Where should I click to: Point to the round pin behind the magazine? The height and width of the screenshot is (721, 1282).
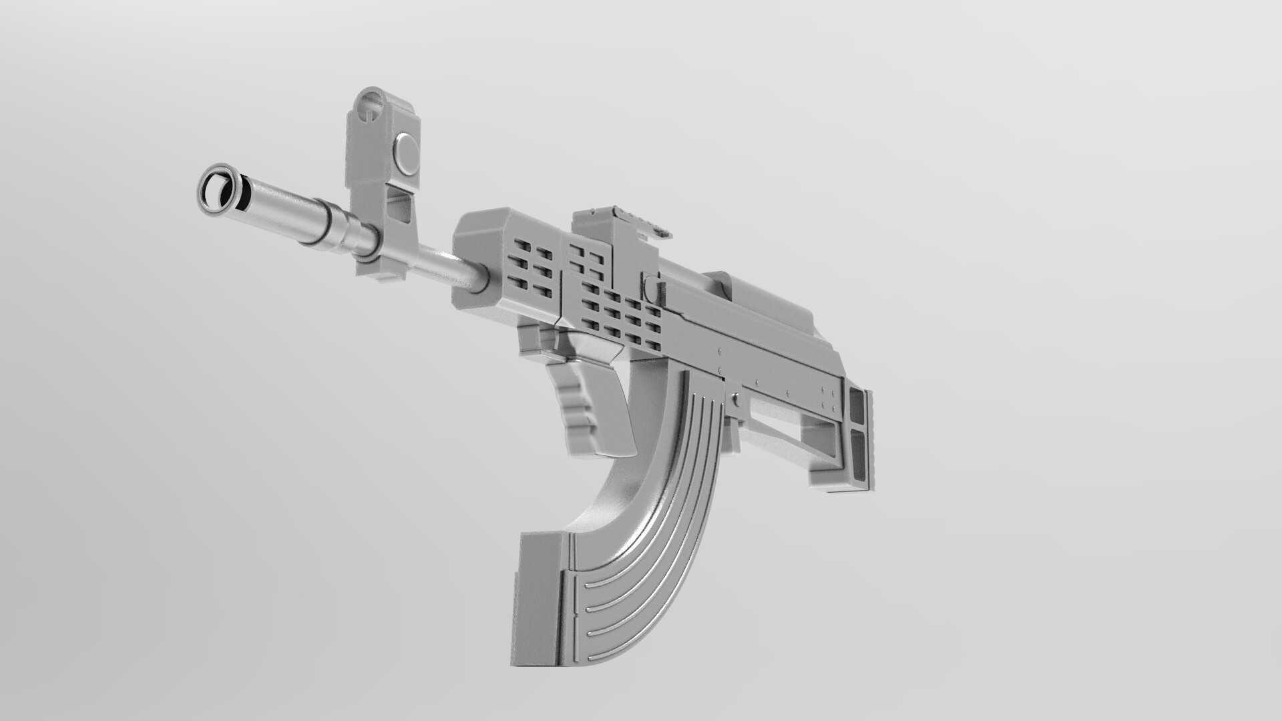[735, 401]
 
